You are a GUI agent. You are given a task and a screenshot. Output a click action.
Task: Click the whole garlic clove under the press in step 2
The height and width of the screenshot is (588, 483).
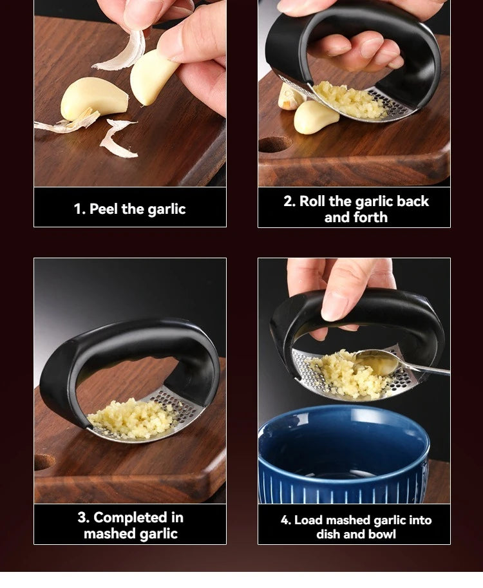pos(316,119)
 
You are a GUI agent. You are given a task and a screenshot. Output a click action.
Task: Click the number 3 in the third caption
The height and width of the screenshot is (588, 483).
pos(83,518)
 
